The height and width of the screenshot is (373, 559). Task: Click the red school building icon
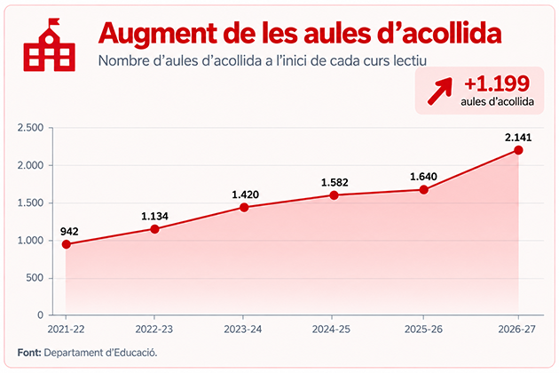(49, 45)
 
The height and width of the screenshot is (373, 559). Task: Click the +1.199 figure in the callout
(497, 83)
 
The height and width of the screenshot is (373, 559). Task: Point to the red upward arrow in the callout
(440, 91)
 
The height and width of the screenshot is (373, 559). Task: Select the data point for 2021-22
(66, 244)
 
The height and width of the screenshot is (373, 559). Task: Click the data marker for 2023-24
(244, 208)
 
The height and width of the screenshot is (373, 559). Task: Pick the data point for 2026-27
(518, 150)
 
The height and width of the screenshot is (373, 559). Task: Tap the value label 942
(69, 232)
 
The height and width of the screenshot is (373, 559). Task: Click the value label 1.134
(154, 217)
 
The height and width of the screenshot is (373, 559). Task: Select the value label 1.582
(335, 183)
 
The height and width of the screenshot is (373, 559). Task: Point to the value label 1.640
(423, 177)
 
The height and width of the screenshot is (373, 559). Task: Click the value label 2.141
(518, 138)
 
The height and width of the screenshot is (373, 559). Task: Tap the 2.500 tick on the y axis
(30, 128)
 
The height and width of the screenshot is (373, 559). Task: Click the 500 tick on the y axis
(35, 278)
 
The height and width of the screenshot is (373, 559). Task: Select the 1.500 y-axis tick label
(30, 203)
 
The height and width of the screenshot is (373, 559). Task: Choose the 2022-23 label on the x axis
(154, 329)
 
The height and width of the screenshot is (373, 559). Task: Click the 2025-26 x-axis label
(423, 329)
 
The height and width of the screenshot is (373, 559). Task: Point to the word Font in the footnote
(29, 353)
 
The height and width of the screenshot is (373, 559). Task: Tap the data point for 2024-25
(334, 195)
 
